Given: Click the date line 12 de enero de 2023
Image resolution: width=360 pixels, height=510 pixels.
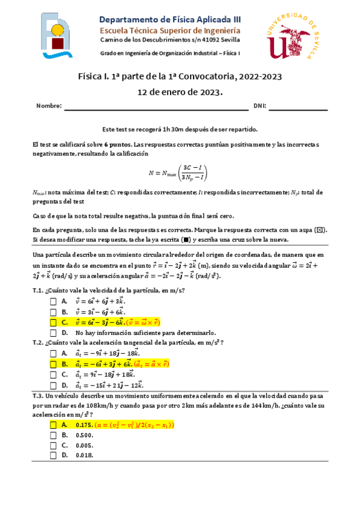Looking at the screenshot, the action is [x=180, y=92].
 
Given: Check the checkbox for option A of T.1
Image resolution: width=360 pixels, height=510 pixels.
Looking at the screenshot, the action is [x=53, y=301].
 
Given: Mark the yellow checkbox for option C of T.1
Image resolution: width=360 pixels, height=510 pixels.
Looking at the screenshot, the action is [x=53, y=322].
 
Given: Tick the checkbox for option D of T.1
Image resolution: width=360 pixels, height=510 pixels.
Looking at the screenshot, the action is [x=53, y=333].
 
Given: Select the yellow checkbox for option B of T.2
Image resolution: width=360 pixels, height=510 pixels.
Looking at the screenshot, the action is [x=53, y=363].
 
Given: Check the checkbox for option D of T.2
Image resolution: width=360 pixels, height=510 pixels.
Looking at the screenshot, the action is [x=53, y=385].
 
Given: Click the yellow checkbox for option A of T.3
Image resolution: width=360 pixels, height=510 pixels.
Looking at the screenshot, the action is [x=53, y=425].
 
